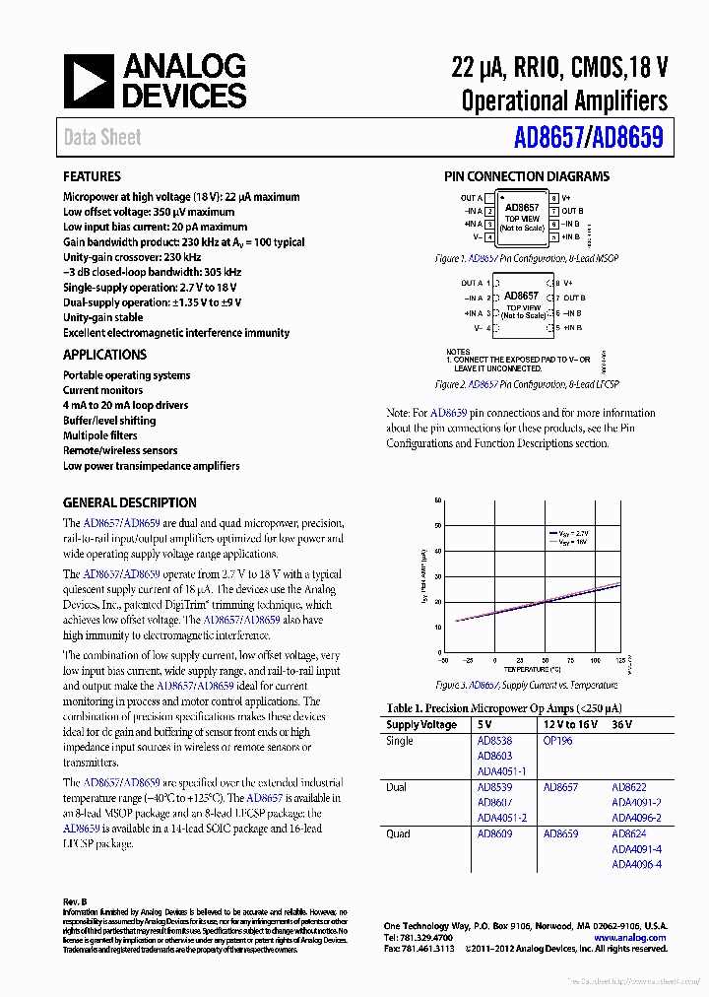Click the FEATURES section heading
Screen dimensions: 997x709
[92, 177]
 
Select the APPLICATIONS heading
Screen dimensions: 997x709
[104, 355]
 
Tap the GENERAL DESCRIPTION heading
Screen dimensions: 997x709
[129, 502]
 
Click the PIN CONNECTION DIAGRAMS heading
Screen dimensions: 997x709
[526, 177]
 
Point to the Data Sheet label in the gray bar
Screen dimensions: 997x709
[102, 138]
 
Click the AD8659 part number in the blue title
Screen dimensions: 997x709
[628, 138]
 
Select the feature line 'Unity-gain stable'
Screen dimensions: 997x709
[102, 318]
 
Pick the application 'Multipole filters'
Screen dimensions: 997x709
[100, 435]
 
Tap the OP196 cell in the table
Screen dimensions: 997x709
[556, 741]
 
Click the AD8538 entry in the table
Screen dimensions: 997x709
[494, 741]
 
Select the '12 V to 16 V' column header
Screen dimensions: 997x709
[569, 725]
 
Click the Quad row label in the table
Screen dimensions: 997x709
[399, 833]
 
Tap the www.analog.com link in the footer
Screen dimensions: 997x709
[630, 938]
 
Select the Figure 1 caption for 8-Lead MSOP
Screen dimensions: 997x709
[526, 258]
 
